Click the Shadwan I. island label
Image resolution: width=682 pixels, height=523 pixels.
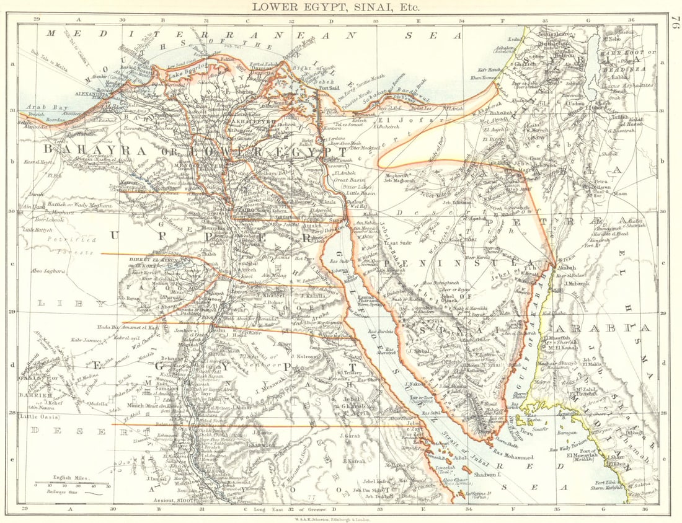coord(484,474)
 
